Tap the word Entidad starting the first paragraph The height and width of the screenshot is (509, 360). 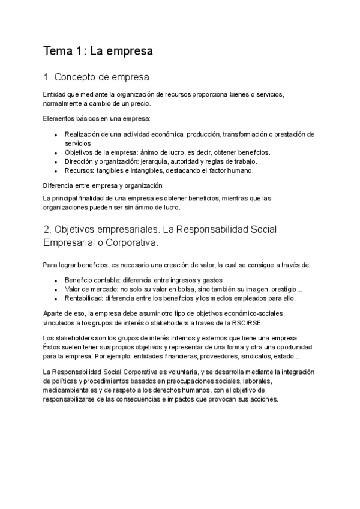click(x=55, y=95)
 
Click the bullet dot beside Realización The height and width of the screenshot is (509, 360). click(x=55, y=135)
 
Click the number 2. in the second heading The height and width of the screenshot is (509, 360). click(x=47, y=230)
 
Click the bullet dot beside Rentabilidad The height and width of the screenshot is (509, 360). click(x=55, y=298)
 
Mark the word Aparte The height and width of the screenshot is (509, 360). click(x=54, y=313)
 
